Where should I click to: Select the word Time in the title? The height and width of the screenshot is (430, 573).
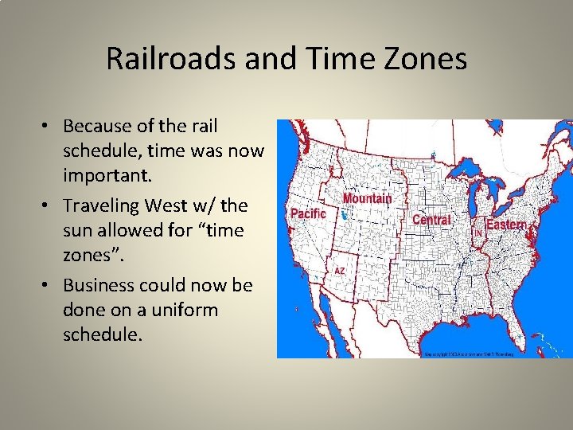click(327, 59)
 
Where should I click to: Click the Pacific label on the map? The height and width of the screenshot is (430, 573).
click(308, 214)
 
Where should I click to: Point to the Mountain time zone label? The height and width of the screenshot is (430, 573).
click(367, 198)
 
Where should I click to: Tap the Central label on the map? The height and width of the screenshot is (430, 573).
click(431, 220)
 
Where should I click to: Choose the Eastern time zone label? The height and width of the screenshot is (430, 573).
click(506, 225)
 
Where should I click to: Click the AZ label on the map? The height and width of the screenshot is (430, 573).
click(340, 271)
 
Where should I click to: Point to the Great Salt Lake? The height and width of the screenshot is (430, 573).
click(344, 215)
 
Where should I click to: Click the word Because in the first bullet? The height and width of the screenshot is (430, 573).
click(95, 127)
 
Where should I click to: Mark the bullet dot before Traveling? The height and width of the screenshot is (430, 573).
click(49, 206)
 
